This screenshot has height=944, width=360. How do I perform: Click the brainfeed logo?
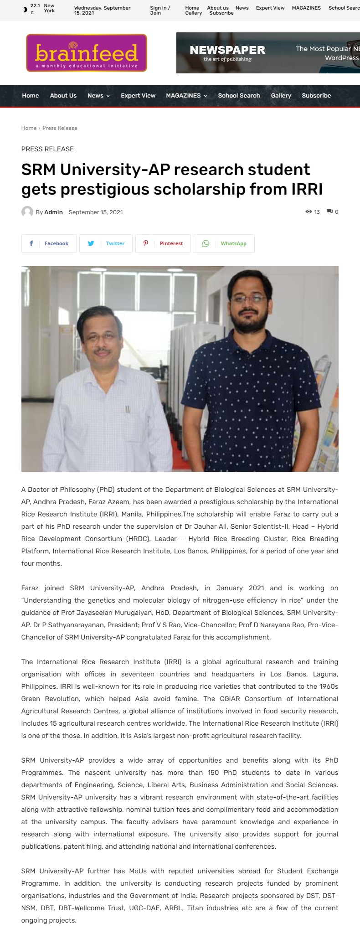(87, 53)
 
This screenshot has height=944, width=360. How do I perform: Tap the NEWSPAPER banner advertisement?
(268, 53)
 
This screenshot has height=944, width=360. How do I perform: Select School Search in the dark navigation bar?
(239, 96)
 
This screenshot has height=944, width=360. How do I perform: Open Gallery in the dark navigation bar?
(281, 96)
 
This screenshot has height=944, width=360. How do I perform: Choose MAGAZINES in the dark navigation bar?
(186, 96)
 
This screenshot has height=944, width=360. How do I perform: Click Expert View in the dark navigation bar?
(138, 96)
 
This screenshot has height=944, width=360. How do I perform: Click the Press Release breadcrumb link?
(60, 128)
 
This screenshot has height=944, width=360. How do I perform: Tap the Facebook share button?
(49, 243)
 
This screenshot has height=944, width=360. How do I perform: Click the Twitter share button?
(106, 243)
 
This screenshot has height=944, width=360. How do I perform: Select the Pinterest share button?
(163, 243)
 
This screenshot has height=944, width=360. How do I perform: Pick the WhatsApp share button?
(224, 243)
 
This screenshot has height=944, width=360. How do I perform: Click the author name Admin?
(53, 212)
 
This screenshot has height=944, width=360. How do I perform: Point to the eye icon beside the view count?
(309, 212)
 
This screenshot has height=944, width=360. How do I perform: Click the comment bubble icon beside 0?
(329, 212)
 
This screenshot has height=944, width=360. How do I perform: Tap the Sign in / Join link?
(160, 10)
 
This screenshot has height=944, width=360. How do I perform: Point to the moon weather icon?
(25, 9)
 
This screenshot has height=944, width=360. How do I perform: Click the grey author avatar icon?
(27, 212)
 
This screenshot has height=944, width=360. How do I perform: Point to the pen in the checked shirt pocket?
(128, 409)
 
